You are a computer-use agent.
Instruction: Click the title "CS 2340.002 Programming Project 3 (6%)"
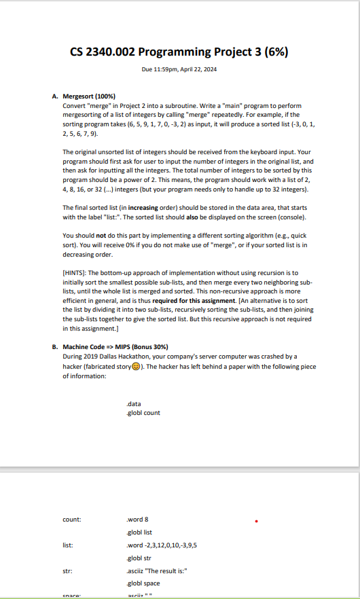[180, 53]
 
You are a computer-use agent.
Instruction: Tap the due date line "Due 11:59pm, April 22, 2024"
[180, 71]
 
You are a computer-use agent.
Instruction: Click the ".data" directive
[134, 403]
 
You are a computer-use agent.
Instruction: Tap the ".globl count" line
[144, 412]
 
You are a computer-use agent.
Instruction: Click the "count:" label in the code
[72, 520]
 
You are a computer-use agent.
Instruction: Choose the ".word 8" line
[138, 520]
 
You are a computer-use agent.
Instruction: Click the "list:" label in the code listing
[68, 545]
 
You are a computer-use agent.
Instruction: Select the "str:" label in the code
[67, 569]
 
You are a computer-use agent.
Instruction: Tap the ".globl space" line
[144, 582]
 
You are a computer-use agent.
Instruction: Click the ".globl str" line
[141, 557]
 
